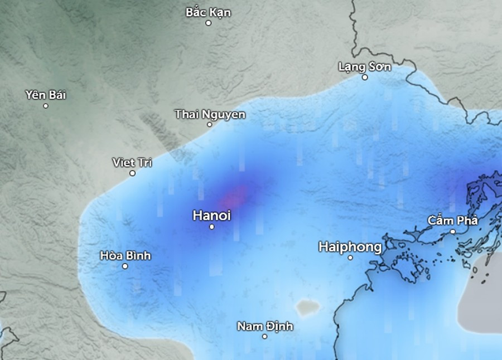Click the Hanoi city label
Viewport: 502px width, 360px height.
(x=211, y=215)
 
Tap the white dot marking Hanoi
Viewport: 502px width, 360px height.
(x=212, y=227)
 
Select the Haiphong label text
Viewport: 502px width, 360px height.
(x=350, y=247)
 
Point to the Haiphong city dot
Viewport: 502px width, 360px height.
(x=351, y=257)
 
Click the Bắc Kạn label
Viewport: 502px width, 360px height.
(x=208, y=12)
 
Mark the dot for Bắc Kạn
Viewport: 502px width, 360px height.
(x=209, y=23)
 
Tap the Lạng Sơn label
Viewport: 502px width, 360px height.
(x=365, y=67)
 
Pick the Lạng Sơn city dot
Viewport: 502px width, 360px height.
(x=365, y=77)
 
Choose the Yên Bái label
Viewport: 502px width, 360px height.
(x=46, y=95)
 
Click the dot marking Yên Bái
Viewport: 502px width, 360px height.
(x=46, y=106)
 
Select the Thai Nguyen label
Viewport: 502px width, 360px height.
(x=210, y=114)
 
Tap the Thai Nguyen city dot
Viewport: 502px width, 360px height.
(x=210, y=124)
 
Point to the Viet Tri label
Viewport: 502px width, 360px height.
(x=132, y=163)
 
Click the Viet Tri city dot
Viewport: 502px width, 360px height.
(x=133, y=173)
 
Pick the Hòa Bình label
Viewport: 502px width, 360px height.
(x=125, y=256)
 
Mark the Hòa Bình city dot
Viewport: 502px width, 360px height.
(x=125, y=266)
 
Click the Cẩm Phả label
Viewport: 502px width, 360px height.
(x=453, y=221)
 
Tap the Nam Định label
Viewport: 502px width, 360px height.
(x=264, y=326)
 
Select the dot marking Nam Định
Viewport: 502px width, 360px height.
(x=264, y=337)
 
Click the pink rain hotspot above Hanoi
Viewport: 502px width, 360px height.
(x=236, y=196)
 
